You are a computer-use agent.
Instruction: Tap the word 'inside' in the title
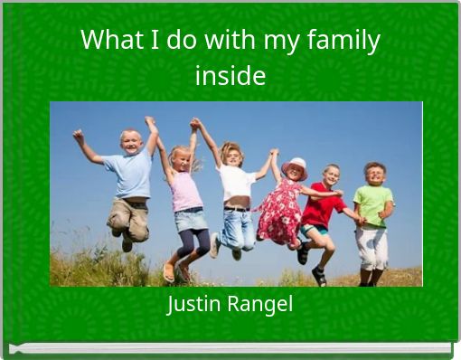(230, 75)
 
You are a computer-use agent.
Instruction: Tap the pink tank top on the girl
(187, 191)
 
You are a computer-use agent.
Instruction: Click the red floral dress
(279, 213)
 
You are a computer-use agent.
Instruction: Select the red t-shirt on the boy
(323, 207)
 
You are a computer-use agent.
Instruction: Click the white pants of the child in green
(371, 246)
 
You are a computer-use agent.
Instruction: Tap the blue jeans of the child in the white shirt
(239, 229)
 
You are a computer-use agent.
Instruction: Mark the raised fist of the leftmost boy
(79, 135)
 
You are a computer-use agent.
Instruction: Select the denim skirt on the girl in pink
(191, 219)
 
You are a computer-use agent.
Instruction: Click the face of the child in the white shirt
(232, 155)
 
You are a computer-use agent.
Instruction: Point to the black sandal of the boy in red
(318, 276)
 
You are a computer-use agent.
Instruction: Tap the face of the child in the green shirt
(373, 175)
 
